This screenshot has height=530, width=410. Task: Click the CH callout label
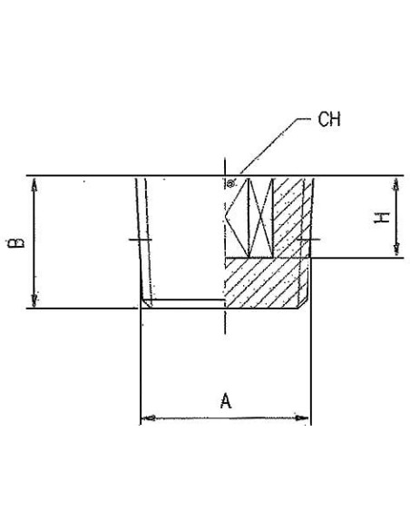329,119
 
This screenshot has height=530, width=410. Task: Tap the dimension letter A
226,401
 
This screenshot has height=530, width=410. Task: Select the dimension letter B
15,242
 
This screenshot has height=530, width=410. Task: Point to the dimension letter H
382,218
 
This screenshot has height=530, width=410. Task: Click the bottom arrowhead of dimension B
34,300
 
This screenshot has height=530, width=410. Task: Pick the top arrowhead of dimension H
396,184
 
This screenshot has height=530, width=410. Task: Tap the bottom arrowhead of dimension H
396,250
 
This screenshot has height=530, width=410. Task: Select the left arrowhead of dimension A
148,418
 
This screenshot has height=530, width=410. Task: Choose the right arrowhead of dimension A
302,418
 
